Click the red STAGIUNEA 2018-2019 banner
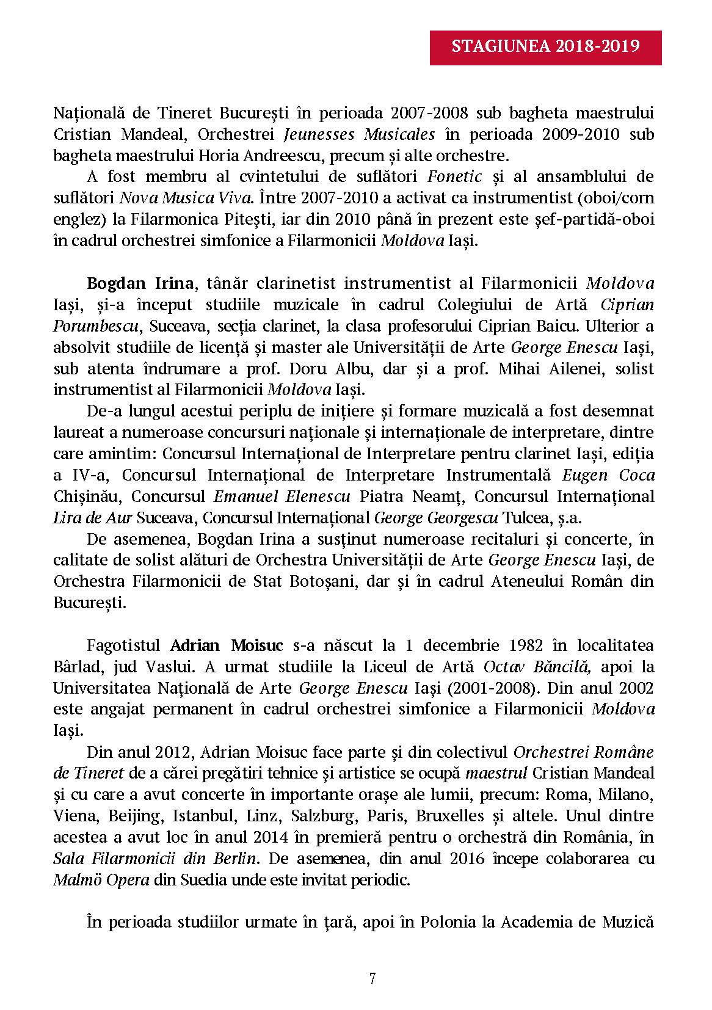(546, 46)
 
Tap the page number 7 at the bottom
(372, 978)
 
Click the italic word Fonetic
(455, 177)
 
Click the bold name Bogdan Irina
(140, 283)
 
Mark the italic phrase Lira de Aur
(92, 518)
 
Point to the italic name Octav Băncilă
(537, 667)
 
